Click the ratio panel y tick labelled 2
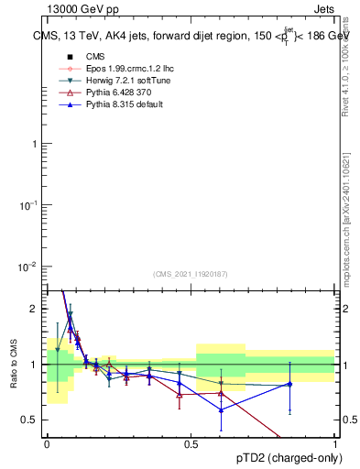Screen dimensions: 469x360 pyautogui.click(x=36, y=309)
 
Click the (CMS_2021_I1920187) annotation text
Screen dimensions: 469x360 pyautogui.click(x=190, y=274)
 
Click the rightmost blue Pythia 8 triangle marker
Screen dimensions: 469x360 pyautogui.click(x=290, y=384)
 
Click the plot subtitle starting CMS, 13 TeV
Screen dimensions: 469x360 pyautogui.click(x=190, y=37)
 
